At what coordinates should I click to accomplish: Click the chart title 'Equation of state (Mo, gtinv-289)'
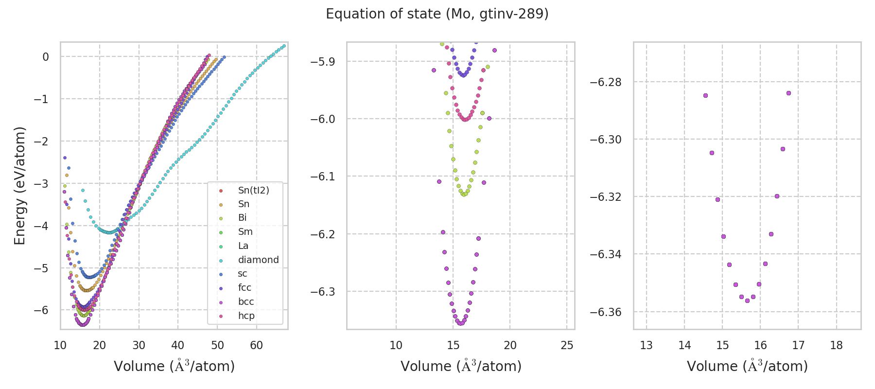coord(437,14)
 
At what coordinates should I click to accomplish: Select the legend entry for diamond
coord(258,260)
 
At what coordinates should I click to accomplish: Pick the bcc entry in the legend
coord(246,301)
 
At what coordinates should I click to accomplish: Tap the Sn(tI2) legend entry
coord(253,190)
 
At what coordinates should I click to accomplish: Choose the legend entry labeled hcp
coord(246,316)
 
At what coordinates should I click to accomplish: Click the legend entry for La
coord(243,246)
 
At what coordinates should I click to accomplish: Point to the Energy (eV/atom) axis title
coord(20,186)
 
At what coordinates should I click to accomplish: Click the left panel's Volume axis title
coord(174,366)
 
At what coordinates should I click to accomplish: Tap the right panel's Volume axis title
coord(747,366)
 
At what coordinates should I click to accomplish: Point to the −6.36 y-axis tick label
coord(605,312)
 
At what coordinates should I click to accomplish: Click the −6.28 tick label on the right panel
coord(605,82)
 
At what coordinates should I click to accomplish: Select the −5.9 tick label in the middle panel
coord(323,61)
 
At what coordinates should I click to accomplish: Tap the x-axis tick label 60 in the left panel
coord(256,345)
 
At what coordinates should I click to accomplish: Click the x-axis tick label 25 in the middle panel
coord(567,345)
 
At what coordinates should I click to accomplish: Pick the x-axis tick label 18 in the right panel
coord(836,345)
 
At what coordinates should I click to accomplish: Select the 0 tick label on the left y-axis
coord(46,57)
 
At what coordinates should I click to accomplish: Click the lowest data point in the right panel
coord(747,301)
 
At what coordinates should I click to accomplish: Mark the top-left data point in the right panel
coord(705,95)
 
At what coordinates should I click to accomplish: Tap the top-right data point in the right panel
coord(788,93)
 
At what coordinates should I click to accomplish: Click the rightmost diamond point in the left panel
coord(284,46)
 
